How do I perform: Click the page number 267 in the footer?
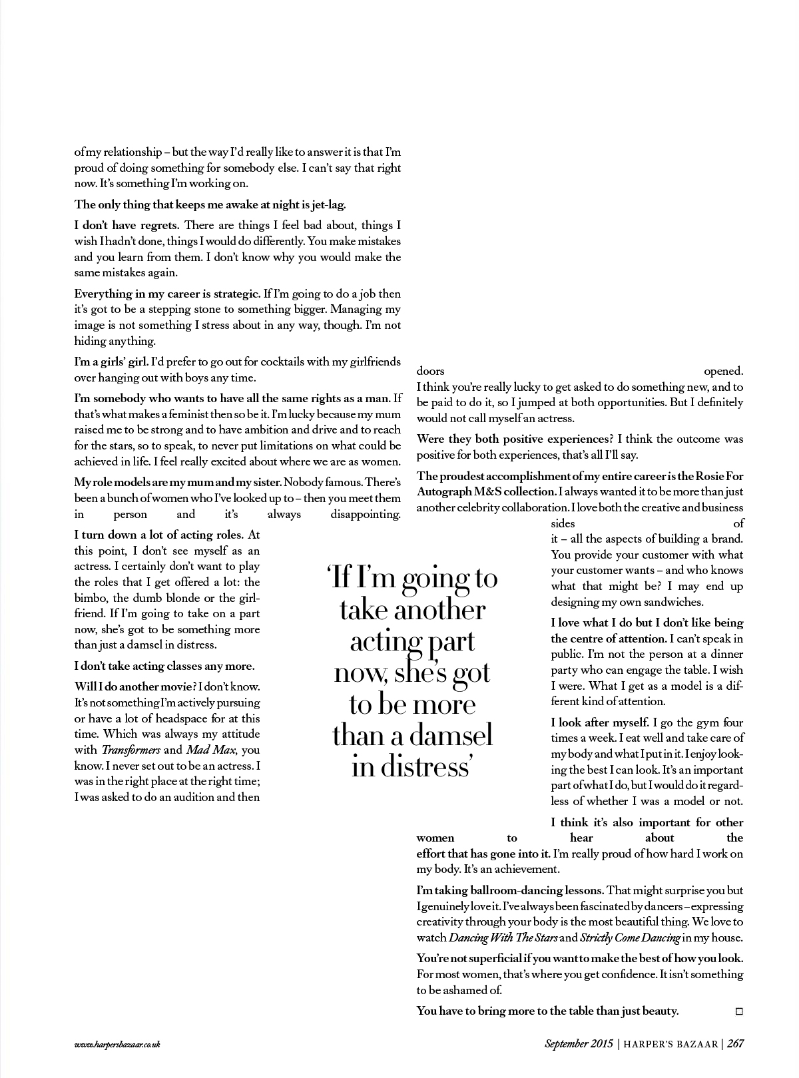click(735, 1044)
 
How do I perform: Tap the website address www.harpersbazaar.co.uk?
click(117, 1044)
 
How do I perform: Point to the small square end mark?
click(738, 1011)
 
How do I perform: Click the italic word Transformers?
click(131, 750)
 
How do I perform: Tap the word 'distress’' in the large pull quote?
click(411, 767)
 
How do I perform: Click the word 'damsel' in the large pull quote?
click(450, 735)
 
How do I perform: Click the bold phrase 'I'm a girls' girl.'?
click(111, 362)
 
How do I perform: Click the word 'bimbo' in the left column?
click(90, 598)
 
